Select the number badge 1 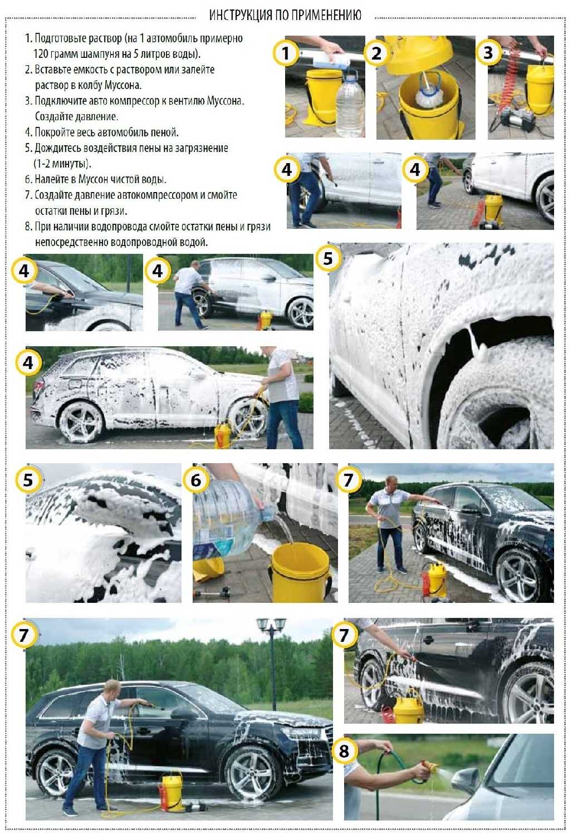[x=286, y=53]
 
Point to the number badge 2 [x=377, y=53]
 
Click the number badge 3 [x=488, y=52]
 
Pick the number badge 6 [x=195, y=480]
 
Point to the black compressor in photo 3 [x=517, y=119]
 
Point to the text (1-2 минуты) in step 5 [x=62, y=164]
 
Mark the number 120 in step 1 [x=41, y=54]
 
